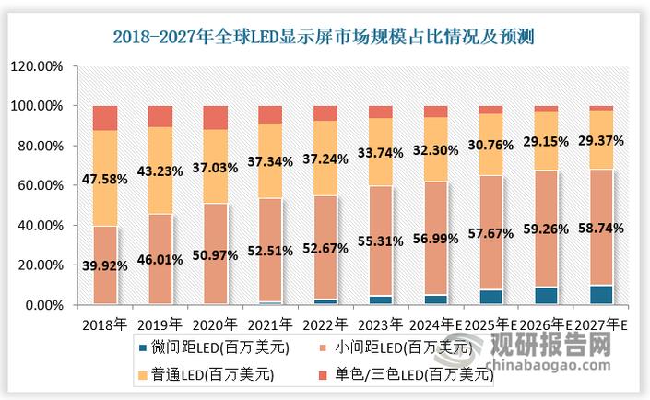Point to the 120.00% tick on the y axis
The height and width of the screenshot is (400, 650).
[38, 66]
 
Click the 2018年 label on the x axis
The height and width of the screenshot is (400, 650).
[104, 325]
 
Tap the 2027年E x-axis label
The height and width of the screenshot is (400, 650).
[600, 325]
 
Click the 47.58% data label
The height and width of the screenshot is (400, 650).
[105, 178]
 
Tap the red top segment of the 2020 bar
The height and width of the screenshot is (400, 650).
[215, 117]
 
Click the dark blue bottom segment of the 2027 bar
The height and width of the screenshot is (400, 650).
[601, 295]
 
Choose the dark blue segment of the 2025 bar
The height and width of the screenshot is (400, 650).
[490, 297]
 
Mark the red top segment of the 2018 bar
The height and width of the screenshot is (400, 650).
[105, 118]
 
